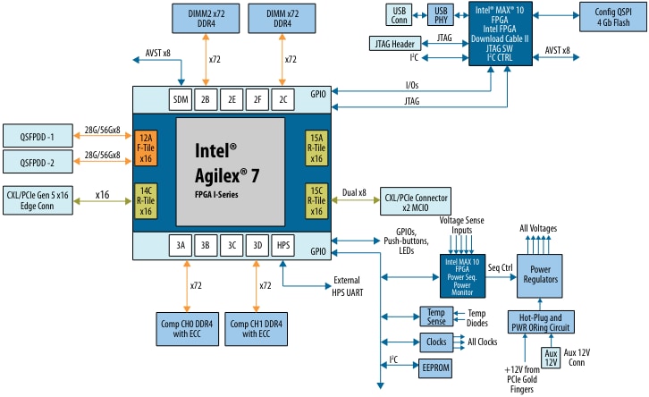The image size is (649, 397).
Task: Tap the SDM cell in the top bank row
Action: (x=181, y=99)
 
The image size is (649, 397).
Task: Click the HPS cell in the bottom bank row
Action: (x=282, y=244)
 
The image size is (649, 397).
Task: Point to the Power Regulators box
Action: (x=541, y=274)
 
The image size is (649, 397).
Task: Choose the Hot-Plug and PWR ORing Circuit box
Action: (x=541, y=321)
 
